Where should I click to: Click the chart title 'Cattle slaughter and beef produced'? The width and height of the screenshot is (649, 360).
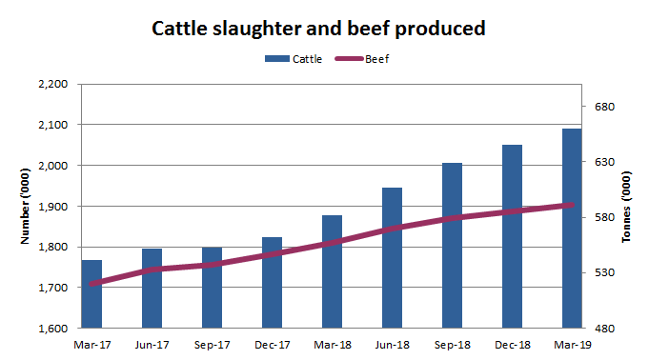pos(320,29)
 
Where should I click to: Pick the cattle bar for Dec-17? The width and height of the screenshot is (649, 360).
pos(272,282)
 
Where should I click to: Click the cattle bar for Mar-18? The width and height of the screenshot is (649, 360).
pos(332,271)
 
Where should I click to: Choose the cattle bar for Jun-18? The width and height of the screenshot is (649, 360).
pos(392,257)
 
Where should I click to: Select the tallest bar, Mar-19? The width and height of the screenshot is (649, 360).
pos(571,228)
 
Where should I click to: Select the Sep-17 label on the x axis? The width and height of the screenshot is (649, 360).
pos(212,344)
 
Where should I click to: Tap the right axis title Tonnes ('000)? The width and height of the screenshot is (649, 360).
pos(626,207)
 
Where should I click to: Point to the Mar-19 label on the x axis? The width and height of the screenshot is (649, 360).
pos(571,344)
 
